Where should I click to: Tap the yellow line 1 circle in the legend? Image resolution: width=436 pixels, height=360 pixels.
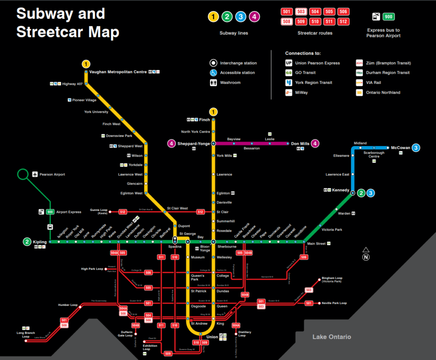click(x=213, y=17)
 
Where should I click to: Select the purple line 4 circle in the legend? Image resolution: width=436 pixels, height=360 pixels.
click(x=254, y=17)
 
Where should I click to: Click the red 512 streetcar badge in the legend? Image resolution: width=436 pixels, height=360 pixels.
click(x=343, y=21)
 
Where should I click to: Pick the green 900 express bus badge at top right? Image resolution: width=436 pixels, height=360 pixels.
click(x=389, y=17)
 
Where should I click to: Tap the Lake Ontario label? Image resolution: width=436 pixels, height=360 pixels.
click(x=332, y=337)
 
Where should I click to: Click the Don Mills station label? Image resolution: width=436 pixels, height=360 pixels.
click(x=300, y=144)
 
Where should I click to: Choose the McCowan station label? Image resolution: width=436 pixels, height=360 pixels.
click(x=400, y=148)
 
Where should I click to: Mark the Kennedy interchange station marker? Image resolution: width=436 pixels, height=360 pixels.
click(x=353, y=193)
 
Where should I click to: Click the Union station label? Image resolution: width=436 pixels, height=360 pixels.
click(x=212, y=337)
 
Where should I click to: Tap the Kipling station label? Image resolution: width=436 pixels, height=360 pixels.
click(x=40, y=242)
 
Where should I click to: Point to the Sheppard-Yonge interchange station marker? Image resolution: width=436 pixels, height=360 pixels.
click(x=213, y=144)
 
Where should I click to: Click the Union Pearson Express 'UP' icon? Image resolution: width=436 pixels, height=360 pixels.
click(x=289, y=63)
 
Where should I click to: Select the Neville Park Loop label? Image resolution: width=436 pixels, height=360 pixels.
click(x=334, y=303)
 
